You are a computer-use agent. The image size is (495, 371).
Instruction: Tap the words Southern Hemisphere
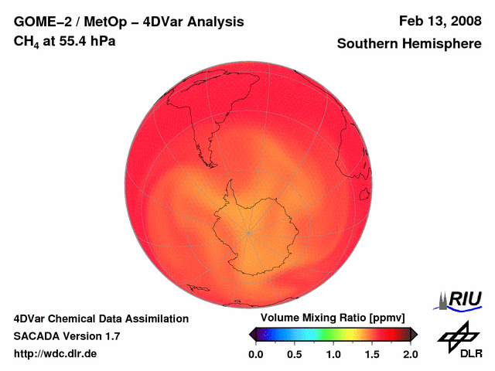409,44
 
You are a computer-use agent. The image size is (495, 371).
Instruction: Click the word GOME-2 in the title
43,22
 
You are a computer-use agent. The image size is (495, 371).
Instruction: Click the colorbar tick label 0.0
256,354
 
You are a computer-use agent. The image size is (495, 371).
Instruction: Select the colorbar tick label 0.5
295,354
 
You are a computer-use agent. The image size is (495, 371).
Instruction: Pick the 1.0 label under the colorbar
333,354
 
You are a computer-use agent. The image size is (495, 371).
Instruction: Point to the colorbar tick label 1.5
372,354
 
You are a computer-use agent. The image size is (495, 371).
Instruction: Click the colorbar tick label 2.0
410,354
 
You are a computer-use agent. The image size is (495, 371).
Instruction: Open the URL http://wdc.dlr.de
56,353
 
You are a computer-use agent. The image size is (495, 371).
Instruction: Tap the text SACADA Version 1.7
67,336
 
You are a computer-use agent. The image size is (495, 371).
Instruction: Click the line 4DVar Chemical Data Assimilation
101,318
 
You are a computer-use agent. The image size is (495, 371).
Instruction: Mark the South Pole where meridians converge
248,231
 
